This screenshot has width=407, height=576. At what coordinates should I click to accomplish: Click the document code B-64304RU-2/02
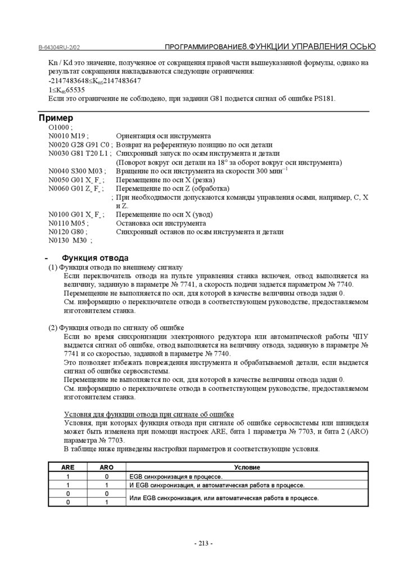point(59,47)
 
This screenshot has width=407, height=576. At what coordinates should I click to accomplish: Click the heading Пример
point(56,119)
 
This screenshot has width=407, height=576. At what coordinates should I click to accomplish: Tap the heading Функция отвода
point(95,258)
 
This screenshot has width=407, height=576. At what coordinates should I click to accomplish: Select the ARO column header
point(106,467)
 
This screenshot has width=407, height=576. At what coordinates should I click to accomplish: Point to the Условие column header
point(247,467)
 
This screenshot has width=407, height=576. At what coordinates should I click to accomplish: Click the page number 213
point(203,543)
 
